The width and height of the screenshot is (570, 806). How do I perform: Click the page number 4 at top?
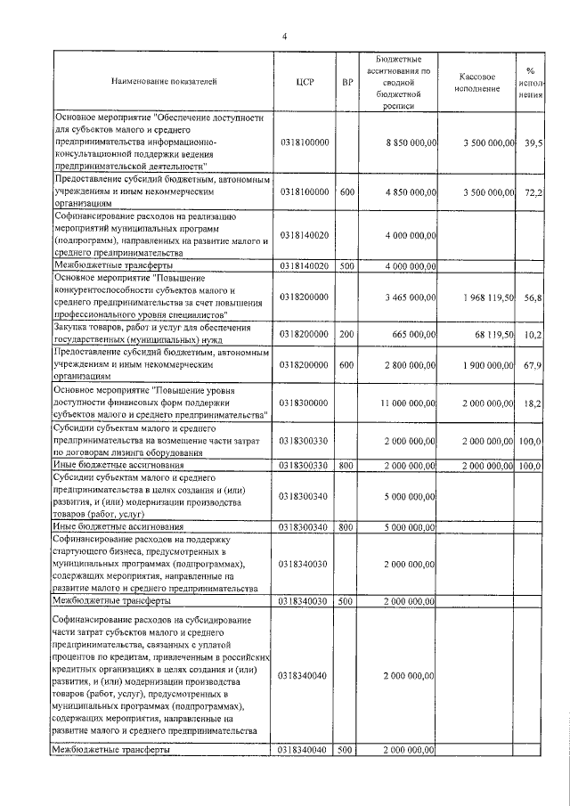pos(284,36)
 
